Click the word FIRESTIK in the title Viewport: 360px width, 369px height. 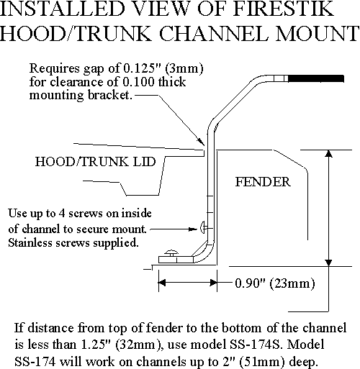click(284, 9)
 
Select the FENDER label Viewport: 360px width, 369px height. click(263, 182)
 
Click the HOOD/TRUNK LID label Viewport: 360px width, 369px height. click(96, 161)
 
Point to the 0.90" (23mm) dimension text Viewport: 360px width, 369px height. click(275, 283)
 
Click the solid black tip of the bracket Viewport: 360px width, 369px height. click(316, 78)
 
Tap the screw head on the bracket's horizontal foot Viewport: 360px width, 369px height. click(171, 252)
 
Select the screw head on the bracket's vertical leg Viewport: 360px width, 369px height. click(202, 227)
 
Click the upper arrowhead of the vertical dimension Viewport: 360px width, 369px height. click(328, 154)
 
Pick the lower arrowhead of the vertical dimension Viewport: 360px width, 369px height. click(328, 263)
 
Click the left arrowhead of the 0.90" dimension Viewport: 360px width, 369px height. click(162, 283)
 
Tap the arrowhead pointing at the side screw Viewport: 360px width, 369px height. click(194, 229)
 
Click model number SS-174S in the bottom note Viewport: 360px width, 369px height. click(256, 345)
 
